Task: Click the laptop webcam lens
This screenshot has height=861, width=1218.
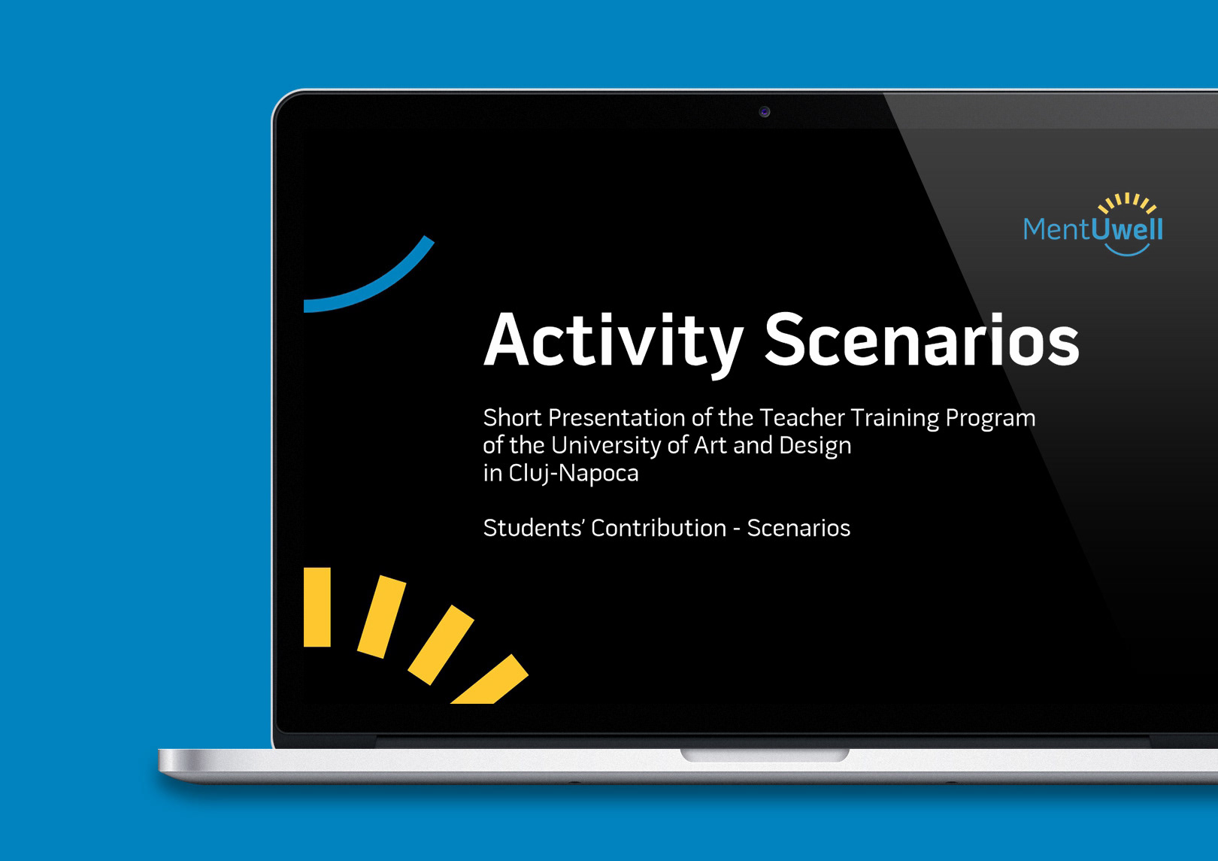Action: click(x=765, y=112)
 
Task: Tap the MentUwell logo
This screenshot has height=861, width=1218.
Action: click(x=1093, y=224)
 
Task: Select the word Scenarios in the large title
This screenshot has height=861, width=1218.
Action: click(x=923, y=339)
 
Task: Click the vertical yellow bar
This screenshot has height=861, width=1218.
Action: click(x=317, y=607)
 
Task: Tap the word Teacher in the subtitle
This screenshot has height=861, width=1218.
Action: click(x=802, y=418)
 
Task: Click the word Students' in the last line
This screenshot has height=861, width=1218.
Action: click(x=533, y=528)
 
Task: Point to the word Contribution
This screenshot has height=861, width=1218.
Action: click(x=659, y=528)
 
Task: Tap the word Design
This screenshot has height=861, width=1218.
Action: click(x=815, y=446)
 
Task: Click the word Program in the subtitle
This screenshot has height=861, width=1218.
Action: click(x=990, y=419)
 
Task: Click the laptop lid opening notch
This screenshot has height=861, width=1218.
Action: click(x=765, y=755)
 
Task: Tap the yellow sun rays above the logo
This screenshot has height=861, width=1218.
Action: click(x=1126, y=203)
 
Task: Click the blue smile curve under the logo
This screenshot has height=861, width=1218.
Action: click(x=1127, y=250)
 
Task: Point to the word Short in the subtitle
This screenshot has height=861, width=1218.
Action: click(x=512, y=418)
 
